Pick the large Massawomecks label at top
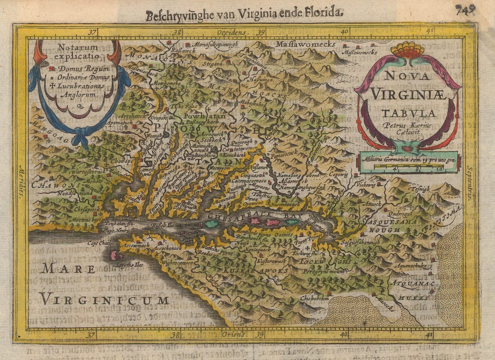click(x=305, y=44)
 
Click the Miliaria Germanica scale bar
click(x=408, y=167)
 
